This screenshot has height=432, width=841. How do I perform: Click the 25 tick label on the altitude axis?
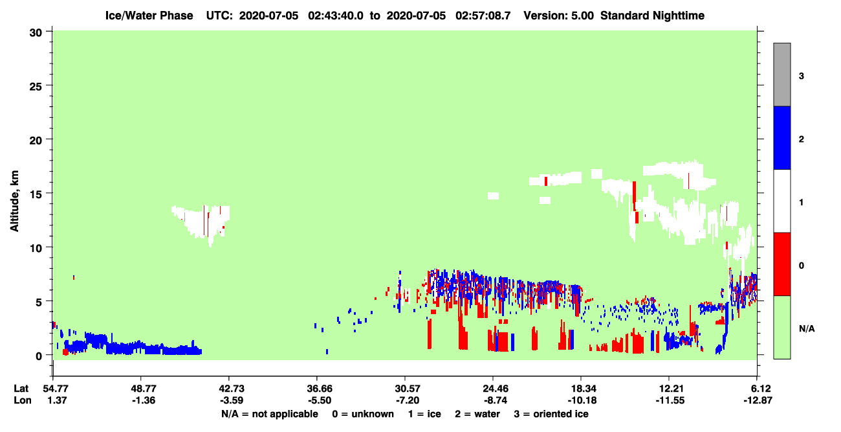[36, 87]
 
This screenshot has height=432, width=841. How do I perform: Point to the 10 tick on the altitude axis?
[49, 247]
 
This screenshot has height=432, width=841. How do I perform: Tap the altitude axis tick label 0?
[39, 356]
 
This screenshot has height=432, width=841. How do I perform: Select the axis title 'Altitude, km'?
[14, 201]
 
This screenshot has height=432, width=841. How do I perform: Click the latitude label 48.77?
[144, 389]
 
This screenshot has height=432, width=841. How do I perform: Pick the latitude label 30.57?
[408, 389]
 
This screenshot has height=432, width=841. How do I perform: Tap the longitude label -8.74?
[495, 400]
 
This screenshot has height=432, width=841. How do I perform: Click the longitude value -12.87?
[758, 400]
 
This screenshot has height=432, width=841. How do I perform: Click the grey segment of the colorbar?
[781, 74]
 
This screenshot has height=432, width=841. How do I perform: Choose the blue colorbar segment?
[781, 137]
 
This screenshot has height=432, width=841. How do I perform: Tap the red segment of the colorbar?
[781, 264]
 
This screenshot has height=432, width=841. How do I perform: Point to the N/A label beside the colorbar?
[807, 329]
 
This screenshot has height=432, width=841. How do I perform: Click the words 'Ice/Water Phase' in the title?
[149, 16]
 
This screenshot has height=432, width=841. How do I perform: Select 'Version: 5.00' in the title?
[559, 16]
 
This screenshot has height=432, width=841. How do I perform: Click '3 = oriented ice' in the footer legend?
[551, 414]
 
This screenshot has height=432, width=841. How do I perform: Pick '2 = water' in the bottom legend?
[477, 414]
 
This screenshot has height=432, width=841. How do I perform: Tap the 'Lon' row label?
[23, 400]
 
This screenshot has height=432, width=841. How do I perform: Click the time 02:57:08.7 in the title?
[483, 16]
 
